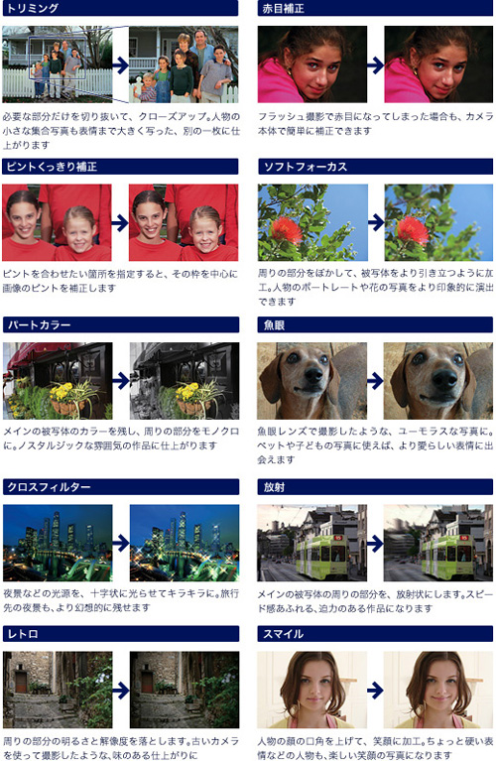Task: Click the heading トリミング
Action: pyautogui.click(x=32, y=8)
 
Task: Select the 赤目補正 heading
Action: pyautogui.click(x=283, y=8)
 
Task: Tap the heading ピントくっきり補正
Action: pyautogui.click(x=52, y=167)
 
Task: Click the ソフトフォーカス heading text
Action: pyautogui.click(x=306, y=167)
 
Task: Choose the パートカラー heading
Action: pyautogui.click(x=39, y=324)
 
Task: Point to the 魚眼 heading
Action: pyautogui.click(x=274, y=324)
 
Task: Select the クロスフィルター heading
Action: pyautogui.click(x=49, y=487)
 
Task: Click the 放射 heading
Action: pyautogui.click(x=274, y=487)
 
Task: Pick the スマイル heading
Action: pyautogui.click(x=284, y=633)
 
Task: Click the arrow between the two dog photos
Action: pyautogui.click(x=376, y=381)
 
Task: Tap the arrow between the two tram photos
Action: pyautogui.click(x=376, y=543)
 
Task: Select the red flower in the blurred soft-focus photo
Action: pyautogui.click(x=412, y=229)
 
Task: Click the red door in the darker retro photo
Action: pyautogui.click(x=148, y=683)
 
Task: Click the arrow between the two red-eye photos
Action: pyautogui.click(x=376, y=65)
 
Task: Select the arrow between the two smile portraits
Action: pyautogui.click(x=376, y=690)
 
